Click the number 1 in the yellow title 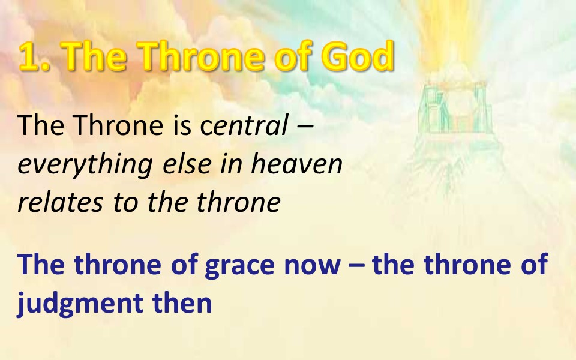[31, 56]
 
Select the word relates [60, 202]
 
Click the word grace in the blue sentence [239, 265]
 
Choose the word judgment [80, 304]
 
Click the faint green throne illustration [455, 109]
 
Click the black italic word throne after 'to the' [239, 202]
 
